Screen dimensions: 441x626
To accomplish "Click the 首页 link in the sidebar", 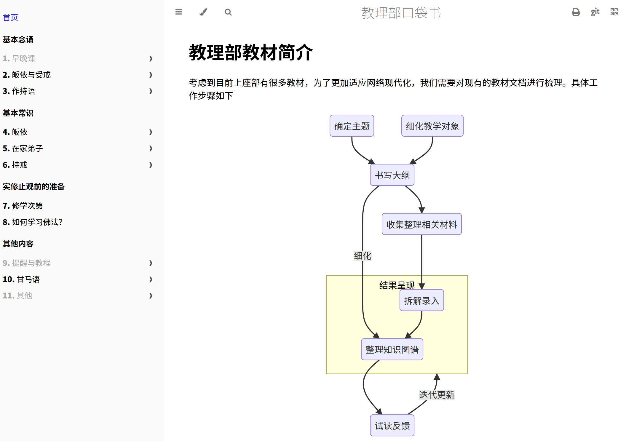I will pos(10,18).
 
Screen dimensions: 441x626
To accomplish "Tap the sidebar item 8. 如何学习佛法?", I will pos(33,222).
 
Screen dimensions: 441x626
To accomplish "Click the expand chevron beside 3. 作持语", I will pos(151,91).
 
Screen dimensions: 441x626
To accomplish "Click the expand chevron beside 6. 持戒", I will pos(151,165).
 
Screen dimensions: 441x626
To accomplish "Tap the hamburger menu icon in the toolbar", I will pos(178,12).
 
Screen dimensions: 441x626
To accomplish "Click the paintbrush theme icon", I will pos(203,12).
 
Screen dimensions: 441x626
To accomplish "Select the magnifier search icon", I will pos(228,12).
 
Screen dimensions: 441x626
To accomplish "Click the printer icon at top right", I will pos(576,12).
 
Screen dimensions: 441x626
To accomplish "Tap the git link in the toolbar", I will pos(595,12).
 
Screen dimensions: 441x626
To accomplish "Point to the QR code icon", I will pos(614,12).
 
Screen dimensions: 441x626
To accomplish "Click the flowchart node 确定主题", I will pos(352,126).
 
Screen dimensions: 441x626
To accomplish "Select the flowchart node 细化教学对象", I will pos(432,126).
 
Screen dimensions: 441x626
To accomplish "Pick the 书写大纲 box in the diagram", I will pos(392,175).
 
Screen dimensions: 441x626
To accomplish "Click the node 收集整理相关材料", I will pos(421,224).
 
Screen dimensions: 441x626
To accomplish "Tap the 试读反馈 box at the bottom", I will pos(392,426).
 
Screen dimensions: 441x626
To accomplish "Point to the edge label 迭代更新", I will pos(437,395).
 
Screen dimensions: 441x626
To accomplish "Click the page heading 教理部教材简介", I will pos(251,53).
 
